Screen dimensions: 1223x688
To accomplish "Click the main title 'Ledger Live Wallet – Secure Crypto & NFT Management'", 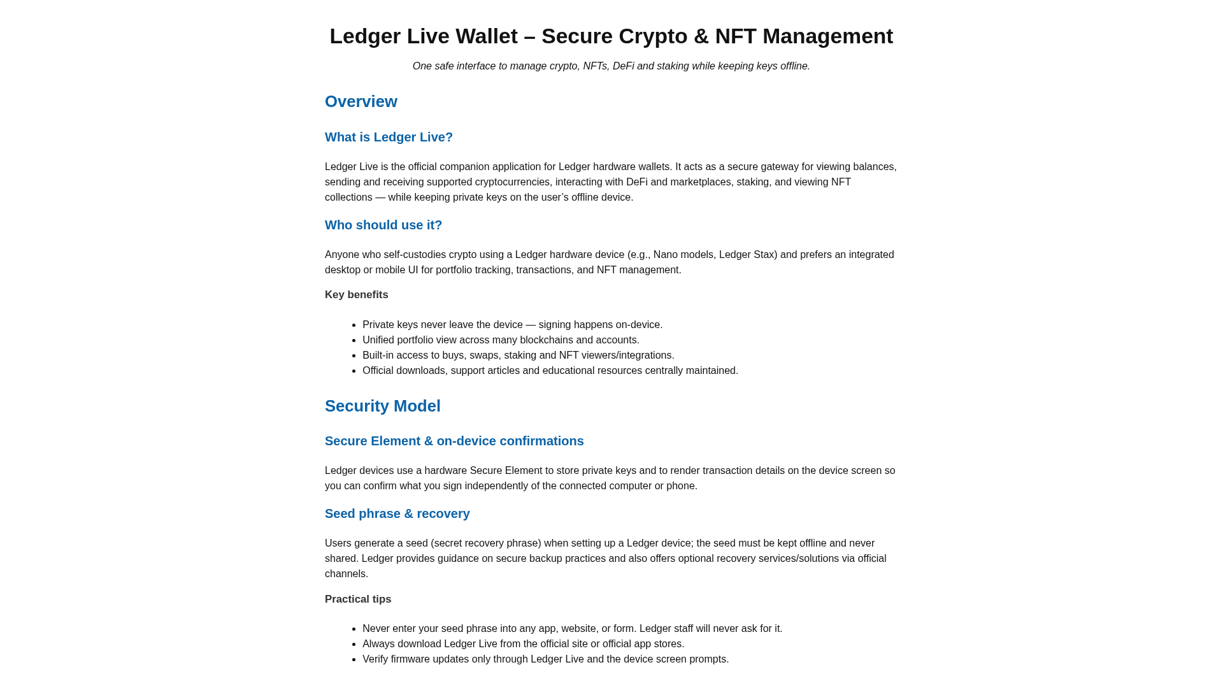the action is click(611, 36).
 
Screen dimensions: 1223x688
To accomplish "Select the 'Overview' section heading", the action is click(361, 102).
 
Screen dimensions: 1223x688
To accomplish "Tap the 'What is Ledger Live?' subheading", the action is click(389, 137).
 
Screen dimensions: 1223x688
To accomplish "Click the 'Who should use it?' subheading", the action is click(383, 225).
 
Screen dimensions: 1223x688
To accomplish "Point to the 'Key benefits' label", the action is click(357, 295).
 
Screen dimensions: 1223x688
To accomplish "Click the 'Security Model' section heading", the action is click(383, 406).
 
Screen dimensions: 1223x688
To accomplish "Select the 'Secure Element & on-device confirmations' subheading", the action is click(454, 441).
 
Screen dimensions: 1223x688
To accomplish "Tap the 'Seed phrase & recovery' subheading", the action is click(397, 513).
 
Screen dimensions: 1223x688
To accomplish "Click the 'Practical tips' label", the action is click(358, 599).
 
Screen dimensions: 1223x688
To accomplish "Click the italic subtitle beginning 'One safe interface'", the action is click(611, 66).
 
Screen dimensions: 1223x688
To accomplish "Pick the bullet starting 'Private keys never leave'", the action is click(513, 325).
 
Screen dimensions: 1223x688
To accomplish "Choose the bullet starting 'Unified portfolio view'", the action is click(501, 340).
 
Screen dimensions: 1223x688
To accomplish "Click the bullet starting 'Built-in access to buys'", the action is click(519, 355).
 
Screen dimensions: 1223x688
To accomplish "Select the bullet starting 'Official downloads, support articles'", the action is click(550, 371).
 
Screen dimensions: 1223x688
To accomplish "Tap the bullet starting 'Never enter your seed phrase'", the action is click(573, 629).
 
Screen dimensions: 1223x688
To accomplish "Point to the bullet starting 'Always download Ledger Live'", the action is click(524, 644).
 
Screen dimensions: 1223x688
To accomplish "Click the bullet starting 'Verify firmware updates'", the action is click(546, 659).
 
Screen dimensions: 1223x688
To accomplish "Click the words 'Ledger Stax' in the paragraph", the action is click(747, 255).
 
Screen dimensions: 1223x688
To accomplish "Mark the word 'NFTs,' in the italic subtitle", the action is click(596, 66).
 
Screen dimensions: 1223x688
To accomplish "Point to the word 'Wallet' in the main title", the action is click(487, 36).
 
